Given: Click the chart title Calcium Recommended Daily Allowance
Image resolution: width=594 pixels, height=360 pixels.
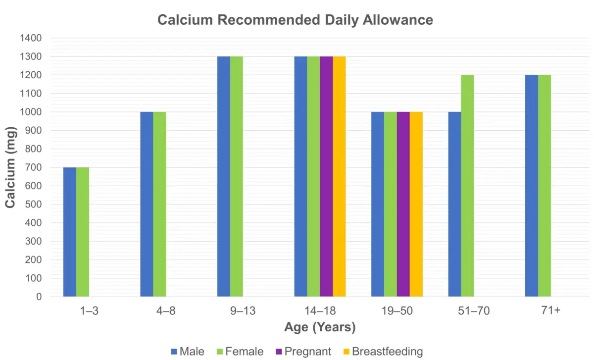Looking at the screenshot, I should pos(295,20).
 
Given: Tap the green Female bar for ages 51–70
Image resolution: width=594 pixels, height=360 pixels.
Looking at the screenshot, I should pos(467,186).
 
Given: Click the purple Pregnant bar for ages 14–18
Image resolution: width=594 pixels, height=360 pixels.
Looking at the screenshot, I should pos(326,176).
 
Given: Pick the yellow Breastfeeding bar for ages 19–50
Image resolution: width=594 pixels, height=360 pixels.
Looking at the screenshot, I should pos(416,204).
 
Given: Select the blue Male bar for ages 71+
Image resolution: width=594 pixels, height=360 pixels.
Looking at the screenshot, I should pos(532,186).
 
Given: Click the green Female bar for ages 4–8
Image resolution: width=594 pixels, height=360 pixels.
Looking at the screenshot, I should pos(159,204).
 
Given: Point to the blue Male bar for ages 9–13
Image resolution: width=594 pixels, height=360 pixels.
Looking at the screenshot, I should pos(224,176).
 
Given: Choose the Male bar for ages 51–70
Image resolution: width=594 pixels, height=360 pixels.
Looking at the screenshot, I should pos(454,204).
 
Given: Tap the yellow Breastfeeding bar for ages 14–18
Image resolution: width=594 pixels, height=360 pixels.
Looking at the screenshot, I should pos(339,176).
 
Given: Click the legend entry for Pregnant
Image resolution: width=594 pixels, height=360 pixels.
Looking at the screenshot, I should pos(303,352).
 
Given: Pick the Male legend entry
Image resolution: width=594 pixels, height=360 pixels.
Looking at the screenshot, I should pos(188,352).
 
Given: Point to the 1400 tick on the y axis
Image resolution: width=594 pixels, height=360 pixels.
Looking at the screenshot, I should pos(31,38).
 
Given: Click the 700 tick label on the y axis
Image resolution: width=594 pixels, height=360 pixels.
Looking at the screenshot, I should pos(33,167).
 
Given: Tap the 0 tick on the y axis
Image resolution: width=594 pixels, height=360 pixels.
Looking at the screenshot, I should pos(39,297).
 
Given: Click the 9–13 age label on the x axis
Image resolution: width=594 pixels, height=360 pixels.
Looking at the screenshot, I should pos(230,311).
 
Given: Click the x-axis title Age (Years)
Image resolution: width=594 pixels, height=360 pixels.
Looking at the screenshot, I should pos(320,327).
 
